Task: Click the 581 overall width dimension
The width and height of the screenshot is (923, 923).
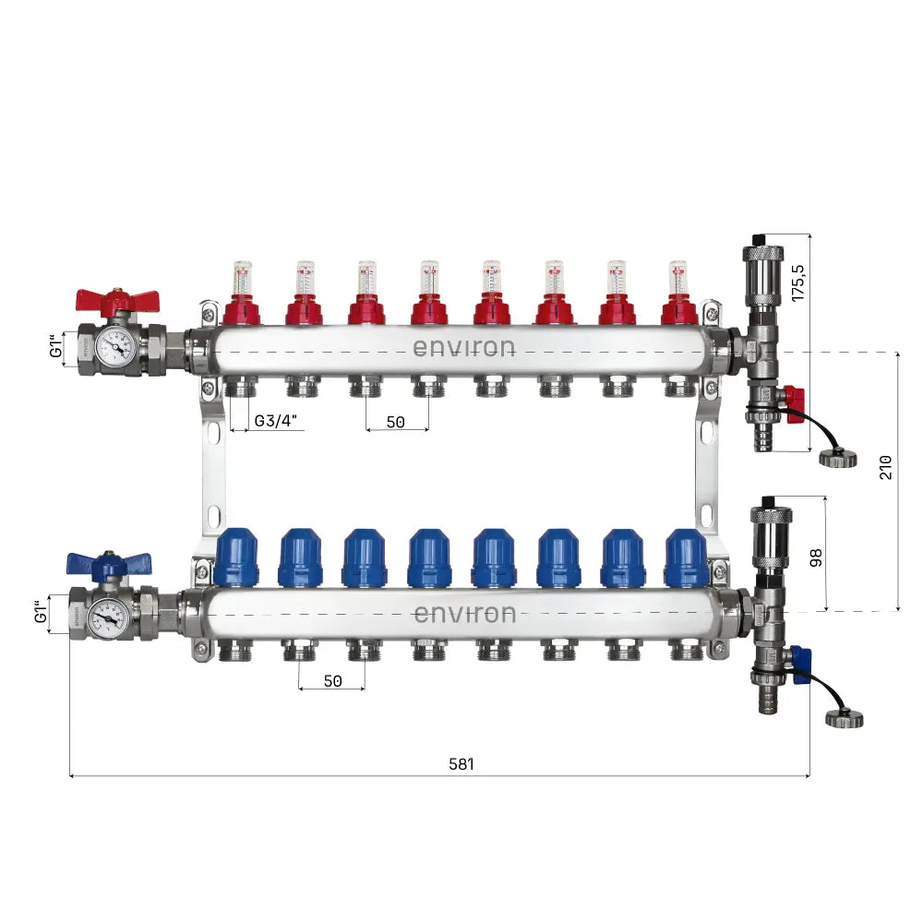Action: pyautogui.click(x=461, y=764)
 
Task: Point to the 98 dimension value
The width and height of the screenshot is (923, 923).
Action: pyautogui.click(x=814, y=558)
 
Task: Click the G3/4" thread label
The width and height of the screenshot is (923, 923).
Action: pyautogui.click(x=277, y=421)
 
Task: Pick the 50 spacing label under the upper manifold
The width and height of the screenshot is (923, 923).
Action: pyautogui.click(x=395, y=421)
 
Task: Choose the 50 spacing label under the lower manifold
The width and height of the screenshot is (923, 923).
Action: pyautogui.click(x=333, y=680)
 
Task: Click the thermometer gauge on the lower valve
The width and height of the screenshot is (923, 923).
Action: pyautogui.click(x=109, y=614)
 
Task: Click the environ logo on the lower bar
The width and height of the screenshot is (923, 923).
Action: pyautogui.click(x=463, y=614)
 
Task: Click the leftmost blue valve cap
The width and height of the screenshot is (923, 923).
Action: pyautogui.click(x=236, y=557)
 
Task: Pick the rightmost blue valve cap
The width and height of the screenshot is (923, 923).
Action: pyautogui.click(x=686, y=557)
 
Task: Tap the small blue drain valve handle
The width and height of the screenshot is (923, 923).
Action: pyautogui.click(x=801, y=661)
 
